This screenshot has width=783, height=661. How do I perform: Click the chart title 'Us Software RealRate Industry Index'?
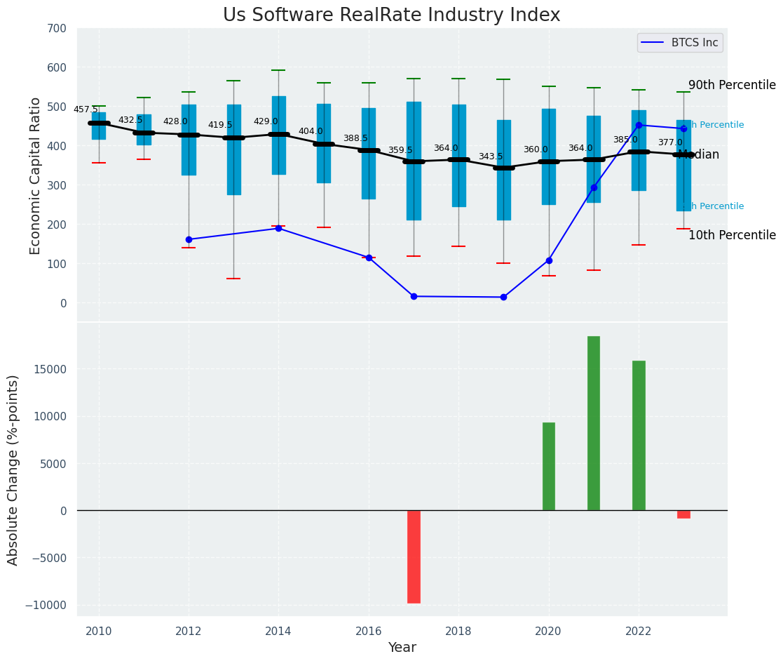click(391, 15)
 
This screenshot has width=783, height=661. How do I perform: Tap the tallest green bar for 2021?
click(593, 423)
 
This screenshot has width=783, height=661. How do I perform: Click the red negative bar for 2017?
click(414, 556)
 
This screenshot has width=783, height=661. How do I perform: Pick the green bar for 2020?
click(548, 467)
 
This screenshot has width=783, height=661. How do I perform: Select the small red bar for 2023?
click(683, 514)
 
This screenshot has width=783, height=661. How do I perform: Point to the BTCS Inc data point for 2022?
click(639, 125)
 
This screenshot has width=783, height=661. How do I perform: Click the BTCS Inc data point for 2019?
click(503, 297)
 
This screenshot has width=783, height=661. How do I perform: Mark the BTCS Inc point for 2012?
click(189, 239)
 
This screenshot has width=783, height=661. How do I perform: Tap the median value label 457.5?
click(86, 109)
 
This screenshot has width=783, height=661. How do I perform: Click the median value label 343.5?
click(491, 156)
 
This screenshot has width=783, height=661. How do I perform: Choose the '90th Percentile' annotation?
click(732, 86)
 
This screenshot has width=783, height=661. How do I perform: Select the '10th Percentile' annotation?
click(732, 236)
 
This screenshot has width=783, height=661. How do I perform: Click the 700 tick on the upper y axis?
click(56, 29)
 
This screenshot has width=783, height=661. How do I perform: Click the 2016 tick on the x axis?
click(369, 631)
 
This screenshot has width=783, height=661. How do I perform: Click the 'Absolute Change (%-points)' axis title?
click(13, 469)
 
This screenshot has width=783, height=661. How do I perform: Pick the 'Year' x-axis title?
click(402, 648)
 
